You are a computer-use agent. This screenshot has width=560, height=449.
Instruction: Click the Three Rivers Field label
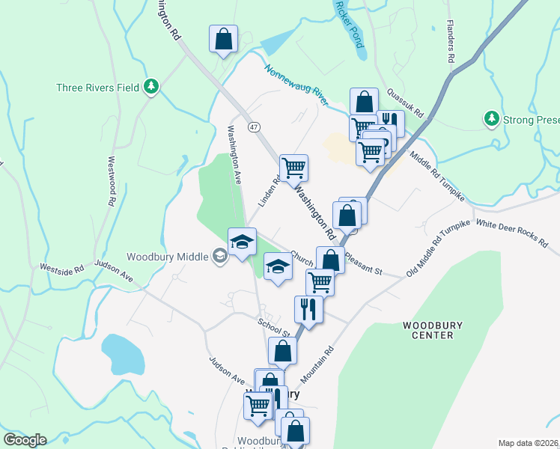click(97, 88)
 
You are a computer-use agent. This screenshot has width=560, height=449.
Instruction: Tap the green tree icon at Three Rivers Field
click(152, 87)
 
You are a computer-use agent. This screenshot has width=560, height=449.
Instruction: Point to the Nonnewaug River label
click(296, 84)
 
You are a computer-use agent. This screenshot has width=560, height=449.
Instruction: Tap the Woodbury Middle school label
click(167, 257)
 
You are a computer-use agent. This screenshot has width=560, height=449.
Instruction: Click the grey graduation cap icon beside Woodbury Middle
click(219, 257)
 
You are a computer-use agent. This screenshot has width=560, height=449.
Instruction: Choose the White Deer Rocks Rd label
click(513, 231)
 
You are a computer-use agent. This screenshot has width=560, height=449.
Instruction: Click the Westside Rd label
click(61, 268)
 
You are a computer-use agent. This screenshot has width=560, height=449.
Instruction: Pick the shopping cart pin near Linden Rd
click(293, 167)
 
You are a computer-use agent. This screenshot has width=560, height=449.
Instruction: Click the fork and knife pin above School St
click(308, 307)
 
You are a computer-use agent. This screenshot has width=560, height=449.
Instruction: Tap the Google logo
click(25, 440)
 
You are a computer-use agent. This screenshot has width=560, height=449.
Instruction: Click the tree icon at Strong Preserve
click(492, 118)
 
